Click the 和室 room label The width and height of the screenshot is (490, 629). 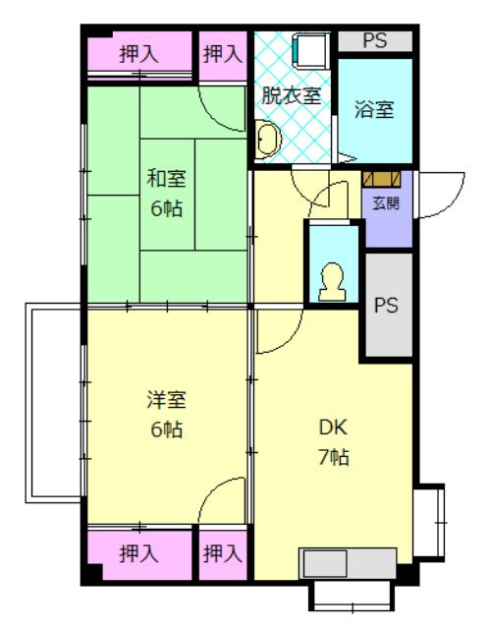click(166, 178)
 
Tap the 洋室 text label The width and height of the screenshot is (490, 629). click(166, 399)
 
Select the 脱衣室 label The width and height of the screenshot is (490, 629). click(291, 95)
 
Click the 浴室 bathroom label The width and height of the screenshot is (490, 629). click(374, 108)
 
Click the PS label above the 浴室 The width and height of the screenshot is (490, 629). click(374, 40)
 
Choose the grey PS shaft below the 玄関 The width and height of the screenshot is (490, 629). click(388, 305)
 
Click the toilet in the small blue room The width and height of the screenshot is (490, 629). click(331, 283)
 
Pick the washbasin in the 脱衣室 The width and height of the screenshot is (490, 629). click(266, 141)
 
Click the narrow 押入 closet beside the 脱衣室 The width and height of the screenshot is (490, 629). click(223, 54)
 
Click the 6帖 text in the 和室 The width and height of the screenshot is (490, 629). click(166, 208)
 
